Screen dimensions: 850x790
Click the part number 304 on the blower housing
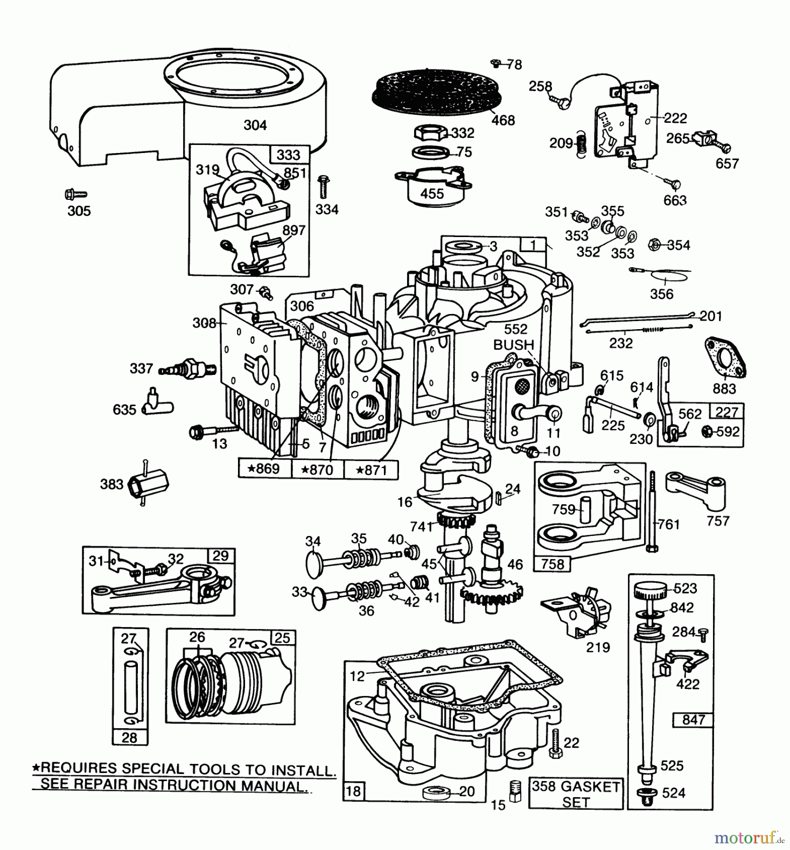tap(255, 125)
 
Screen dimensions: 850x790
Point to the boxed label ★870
tap(317, 469)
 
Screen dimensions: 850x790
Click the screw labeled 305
tap(76, 194)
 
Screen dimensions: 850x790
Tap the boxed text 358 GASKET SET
tap(576, 794)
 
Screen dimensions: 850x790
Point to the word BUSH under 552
tap(514, 345)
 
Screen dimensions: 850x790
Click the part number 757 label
tap(718, 521)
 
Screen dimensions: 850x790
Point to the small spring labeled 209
tap(581, 144)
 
